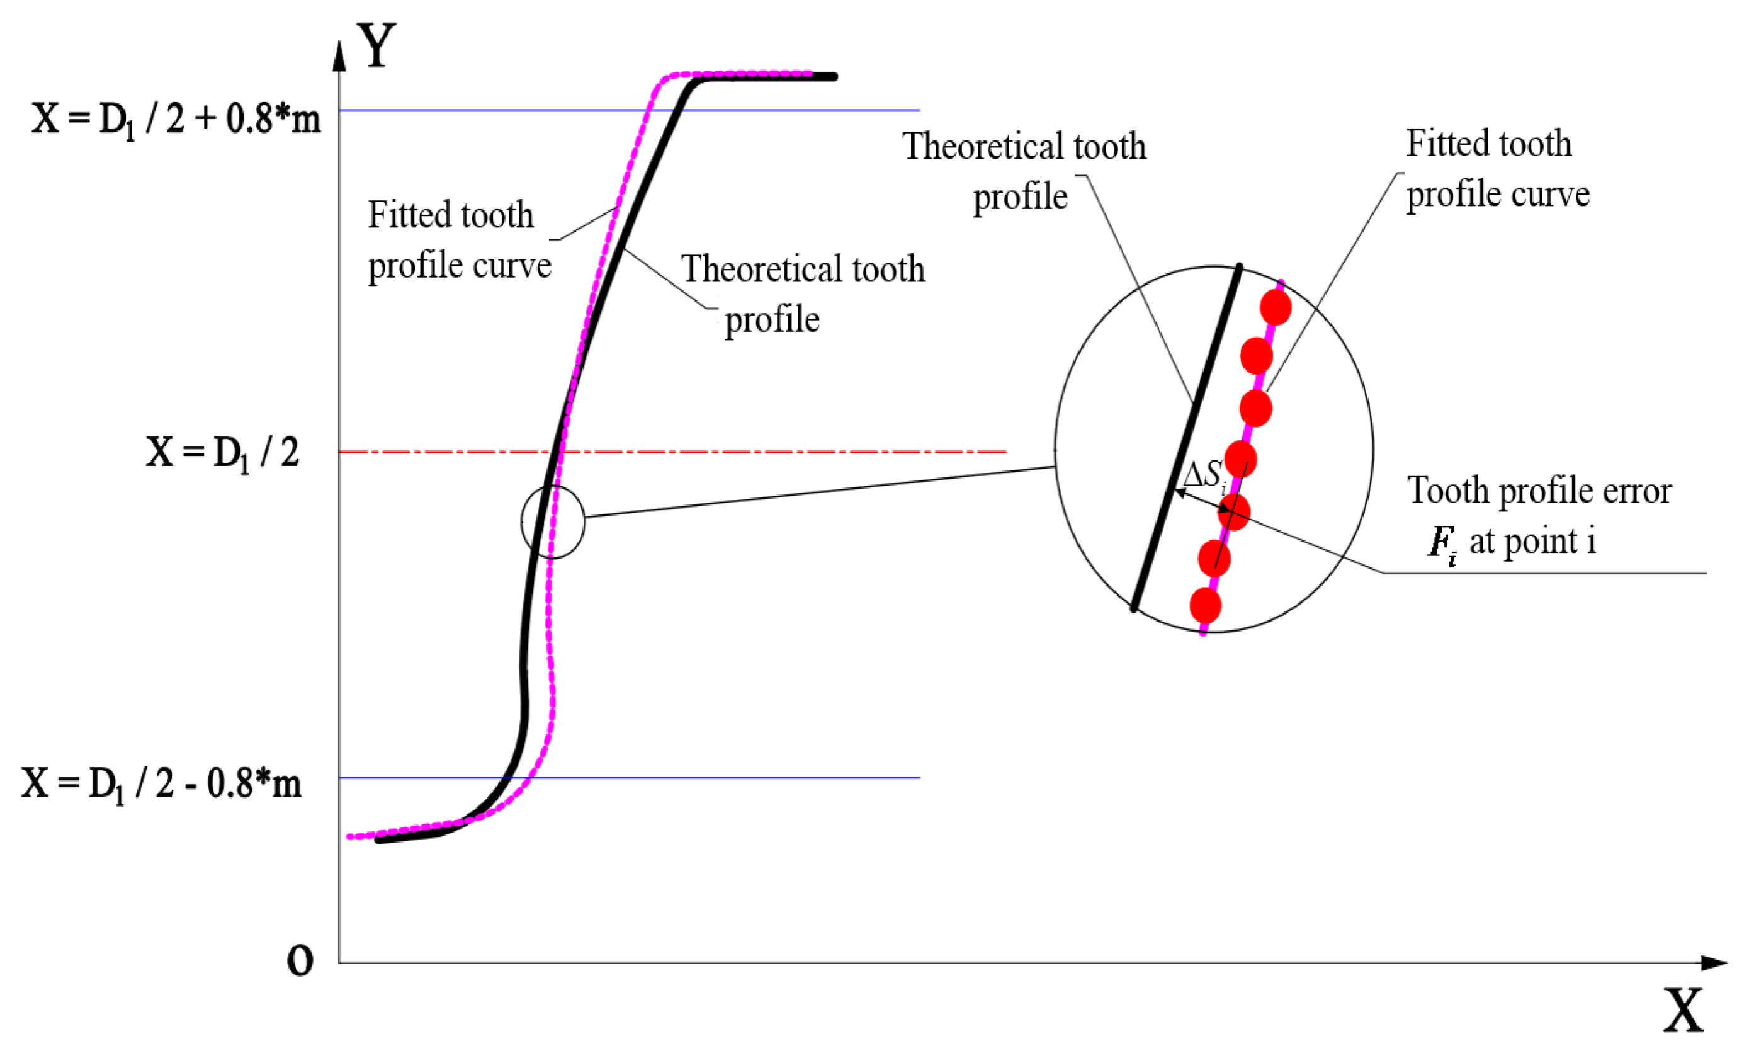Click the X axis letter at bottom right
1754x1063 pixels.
coord(1683,1010)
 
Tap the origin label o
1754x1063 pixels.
coord(300,960)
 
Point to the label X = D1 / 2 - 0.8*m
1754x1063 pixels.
coord(161,784)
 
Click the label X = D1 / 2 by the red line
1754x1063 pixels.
coord(222,452)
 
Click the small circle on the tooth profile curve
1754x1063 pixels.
coord(552,522)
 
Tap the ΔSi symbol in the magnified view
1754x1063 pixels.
coord(1203,475)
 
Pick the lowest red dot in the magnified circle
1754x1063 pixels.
coord(1205,606)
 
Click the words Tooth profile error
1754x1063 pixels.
coord(1539,491)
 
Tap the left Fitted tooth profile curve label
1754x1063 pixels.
coord(458,240)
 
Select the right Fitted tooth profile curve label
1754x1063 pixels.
coord(1497,169)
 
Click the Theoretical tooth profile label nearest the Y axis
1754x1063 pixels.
coord(802,293)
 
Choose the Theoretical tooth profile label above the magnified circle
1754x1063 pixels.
coord(1024,171)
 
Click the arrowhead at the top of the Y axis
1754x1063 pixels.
coord(339,57)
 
